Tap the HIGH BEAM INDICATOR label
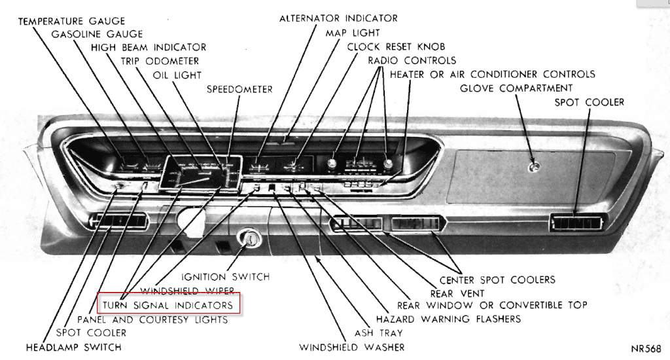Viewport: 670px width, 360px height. pyautogui.click(x=149, y=47)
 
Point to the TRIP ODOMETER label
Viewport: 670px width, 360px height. pyautogui.click(x=161, y=61)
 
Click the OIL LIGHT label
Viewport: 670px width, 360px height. pyautogui.click(x=177, y=75)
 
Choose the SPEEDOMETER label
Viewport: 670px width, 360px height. pyautogui.click(x=239, y=88)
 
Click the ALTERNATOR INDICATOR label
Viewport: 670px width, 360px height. pyautogui.click(x=338, y=18)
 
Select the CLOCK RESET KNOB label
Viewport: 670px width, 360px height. pyautogui.click(x=396, y=46)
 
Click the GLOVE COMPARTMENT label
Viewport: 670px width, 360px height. pyautogui.click(x=516, y=88)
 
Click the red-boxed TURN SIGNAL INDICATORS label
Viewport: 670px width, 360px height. pyautogui.click(x=169, y=305)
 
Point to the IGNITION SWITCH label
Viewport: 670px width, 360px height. pyautogui.click(x=226, y=277)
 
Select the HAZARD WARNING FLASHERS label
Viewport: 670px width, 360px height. pyautogui.click(x=448, y=319)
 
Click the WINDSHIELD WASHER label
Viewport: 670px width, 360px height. pyautogui.click(x=351, y=347)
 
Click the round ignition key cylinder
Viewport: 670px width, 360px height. pyautogui.click(x=249, y=240)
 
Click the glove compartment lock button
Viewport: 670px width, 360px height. pyautogui.click(x=535, y=167)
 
